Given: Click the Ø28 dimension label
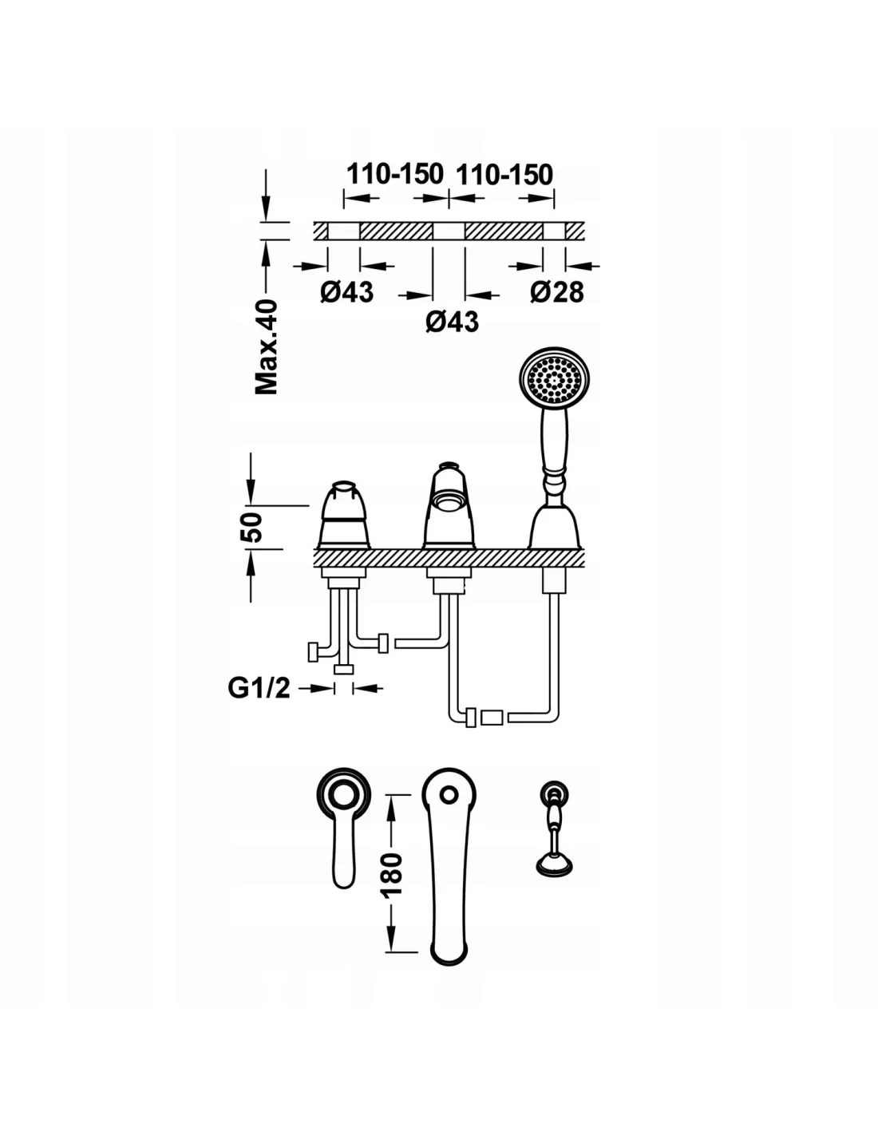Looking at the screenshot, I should (556, 292).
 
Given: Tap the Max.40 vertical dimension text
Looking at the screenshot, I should (267, 346).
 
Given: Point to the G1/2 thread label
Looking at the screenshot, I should (259, 687).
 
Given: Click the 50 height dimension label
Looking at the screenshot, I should (252, 527).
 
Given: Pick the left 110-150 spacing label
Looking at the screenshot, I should (394, 173).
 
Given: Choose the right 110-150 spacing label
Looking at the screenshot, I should (504, 173).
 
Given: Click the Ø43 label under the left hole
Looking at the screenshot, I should (346, 292).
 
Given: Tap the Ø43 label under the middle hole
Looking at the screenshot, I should (452, 321).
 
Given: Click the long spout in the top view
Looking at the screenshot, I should (449, 870).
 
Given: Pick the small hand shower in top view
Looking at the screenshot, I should (552, 830).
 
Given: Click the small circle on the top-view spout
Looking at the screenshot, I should (449, 794).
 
